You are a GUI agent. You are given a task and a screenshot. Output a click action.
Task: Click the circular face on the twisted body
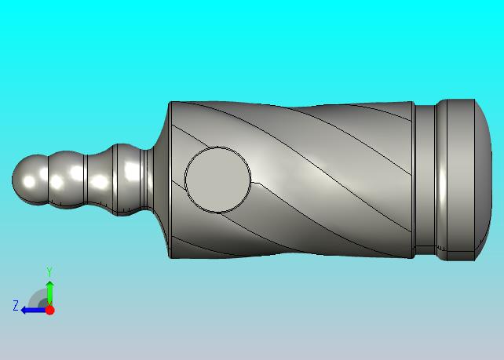coord(217,180)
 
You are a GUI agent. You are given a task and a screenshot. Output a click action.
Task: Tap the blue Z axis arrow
coord(33,311)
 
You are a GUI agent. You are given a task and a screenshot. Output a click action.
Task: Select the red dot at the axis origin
coord(49,310)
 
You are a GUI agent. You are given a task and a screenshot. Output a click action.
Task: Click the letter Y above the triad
coord(49,271)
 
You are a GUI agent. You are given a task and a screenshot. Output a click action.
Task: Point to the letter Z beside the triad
coord(16,305)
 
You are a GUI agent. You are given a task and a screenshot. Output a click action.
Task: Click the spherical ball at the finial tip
coord(30,180)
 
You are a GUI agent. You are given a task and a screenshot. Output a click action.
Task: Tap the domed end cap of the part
coord(483,180)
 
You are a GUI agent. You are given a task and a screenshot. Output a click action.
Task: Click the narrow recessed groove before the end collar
coord(425,180)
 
